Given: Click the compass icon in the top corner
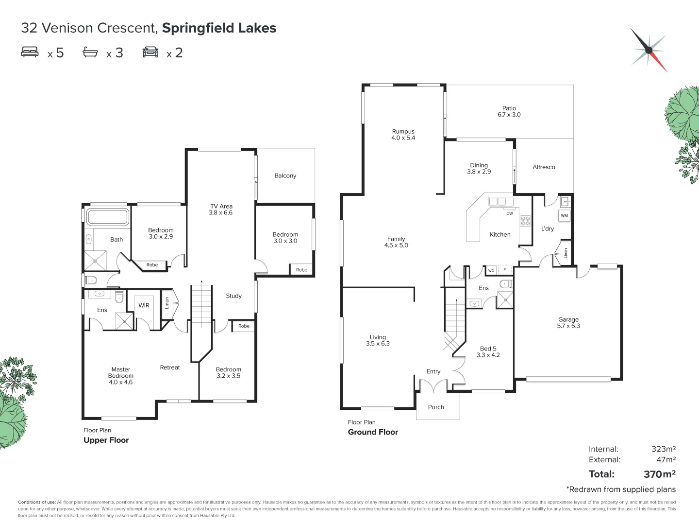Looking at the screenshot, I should [649, 50].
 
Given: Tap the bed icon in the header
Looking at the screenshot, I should [30, 52].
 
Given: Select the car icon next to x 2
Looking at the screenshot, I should [150, 52].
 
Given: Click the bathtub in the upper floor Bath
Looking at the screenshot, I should [107, 217].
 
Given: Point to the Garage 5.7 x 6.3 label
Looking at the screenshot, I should [568, 323].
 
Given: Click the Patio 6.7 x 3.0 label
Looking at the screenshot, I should [509, 111].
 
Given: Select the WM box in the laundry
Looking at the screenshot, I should [564, 215].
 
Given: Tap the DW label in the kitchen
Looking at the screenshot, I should [509, 213].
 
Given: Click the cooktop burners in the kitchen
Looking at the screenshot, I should [526, 221].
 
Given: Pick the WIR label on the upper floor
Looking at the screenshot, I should [144, 305].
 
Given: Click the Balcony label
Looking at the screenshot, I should [285, 175].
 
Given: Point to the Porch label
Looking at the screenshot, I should [436, 407].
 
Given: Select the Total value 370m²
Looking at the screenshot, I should [659, 474].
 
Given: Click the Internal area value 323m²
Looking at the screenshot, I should [663, 449].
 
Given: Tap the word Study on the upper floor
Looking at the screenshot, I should [233, 296].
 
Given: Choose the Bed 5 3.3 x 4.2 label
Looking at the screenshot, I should [488, 351].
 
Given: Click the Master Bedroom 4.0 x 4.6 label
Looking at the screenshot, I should [120, 376].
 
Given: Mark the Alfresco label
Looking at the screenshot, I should [544, 167].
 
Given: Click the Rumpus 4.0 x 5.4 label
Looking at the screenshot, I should [403, 135].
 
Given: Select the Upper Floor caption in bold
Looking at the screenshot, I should [106, 440].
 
